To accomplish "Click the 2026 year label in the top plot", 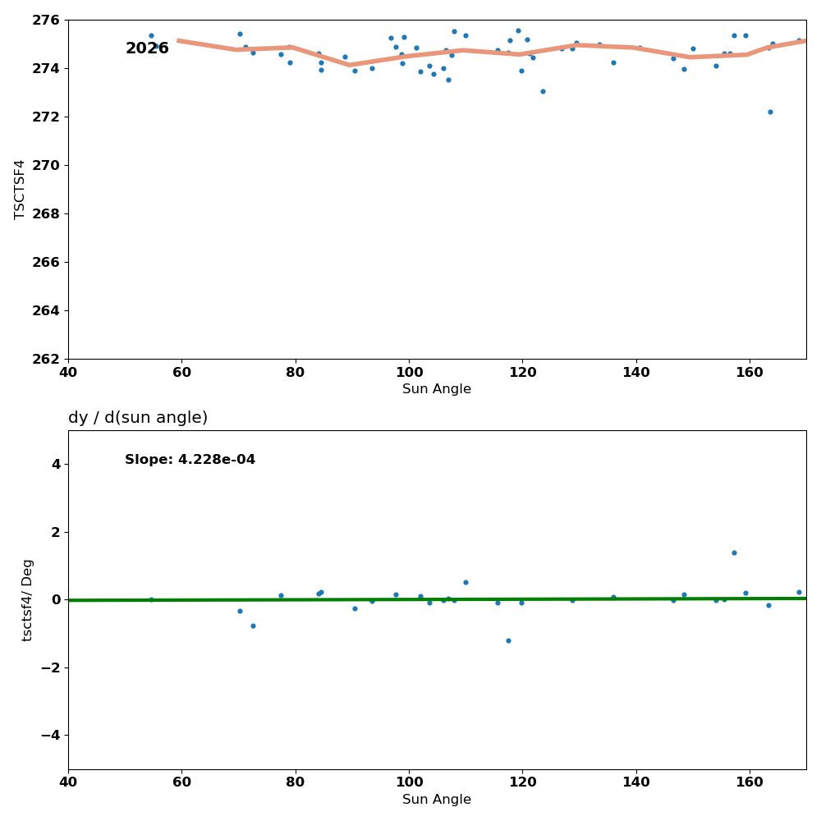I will point(147,48).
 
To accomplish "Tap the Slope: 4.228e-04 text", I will point(190,460).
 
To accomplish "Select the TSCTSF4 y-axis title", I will point(20,189).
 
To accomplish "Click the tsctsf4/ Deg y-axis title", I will point(28,599).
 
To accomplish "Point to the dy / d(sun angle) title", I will point(138,418).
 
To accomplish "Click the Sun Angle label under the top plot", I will point(437,389).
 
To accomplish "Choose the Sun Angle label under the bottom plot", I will point(437,800).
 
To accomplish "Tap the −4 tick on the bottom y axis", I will point(51,735).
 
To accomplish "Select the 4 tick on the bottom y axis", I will point(56,464).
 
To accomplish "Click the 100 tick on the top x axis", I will point(409,372).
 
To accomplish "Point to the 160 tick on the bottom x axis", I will point(750,782).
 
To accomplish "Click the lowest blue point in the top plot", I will point(770,112).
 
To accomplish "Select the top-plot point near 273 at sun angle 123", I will point(543,91).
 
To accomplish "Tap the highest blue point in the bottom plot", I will point(734,553).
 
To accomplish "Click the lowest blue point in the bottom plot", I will point(508,640).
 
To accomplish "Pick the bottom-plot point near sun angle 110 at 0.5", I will point(466,582).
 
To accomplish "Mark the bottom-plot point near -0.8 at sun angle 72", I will point(253,626).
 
